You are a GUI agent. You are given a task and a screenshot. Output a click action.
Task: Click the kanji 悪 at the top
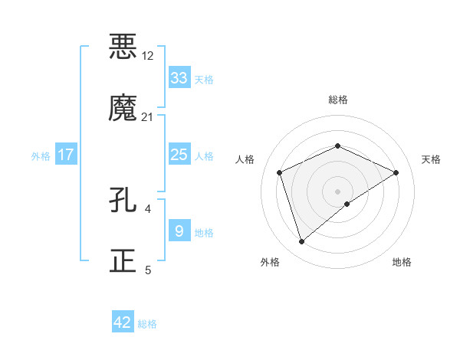pos(123,46)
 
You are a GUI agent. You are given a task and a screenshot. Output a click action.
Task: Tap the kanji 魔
pos(123,107)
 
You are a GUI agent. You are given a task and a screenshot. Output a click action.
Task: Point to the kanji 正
pos(123,260)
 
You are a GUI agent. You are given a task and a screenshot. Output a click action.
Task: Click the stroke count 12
pos(148,56)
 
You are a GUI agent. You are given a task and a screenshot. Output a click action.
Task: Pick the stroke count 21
pos(148,117)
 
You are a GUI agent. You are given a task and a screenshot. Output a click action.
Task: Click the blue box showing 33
pos(179,77)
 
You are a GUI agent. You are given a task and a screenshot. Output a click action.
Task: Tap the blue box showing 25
pos(179,155)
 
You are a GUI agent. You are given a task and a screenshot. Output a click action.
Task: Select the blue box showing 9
pos(179,231)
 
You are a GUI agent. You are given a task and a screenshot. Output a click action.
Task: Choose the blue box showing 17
pos(66,155)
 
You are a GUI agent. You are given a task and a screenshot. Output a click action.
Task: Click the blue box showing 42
pos(123,322)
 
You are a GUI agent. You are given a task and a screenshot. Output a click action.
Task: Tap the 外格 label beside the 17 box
pos(41,155)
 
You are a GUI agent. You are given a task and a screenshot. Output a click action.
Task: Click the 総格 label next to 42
pos(147,324)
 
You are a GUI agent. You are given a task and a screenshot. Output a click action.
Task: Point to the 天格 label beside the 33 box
pos(204,79)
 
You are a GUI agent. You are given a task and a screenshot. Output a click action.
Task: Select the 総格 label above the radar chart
pos(337,100)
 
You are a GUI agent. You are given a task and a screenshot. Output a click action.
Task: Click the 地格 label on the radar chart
pos(402,262)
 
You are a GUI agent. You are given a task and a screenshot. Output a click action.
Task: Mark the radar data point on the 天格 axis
pos(396,172)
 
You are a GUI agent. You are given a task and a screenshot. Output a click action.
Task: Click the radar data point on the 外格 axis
pos(301,242)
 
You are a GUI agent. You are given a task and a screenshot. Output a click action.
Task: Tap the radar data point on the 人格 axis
pos(280,172)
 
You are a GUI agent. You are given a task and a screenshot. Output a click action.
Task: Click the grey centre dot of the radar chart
pos(337,191)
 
